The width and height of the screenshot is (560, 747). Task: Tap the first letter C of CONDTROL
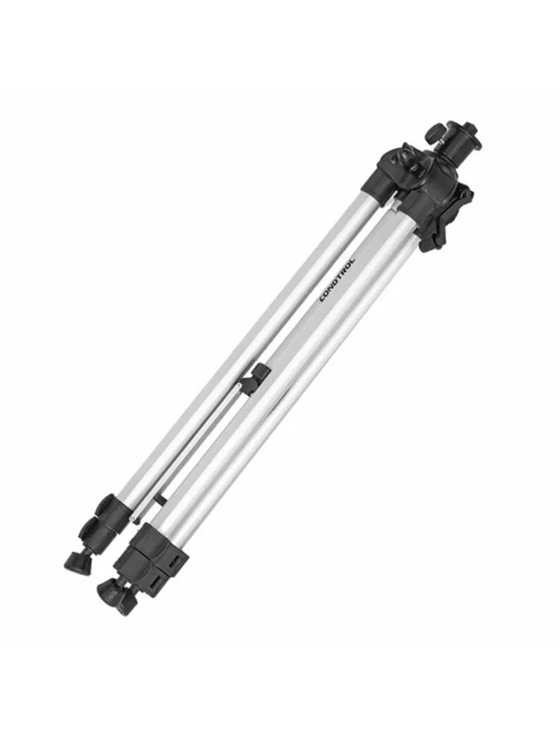321,300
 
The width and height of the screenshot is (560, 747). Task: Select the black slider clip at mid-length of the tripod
255,379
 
